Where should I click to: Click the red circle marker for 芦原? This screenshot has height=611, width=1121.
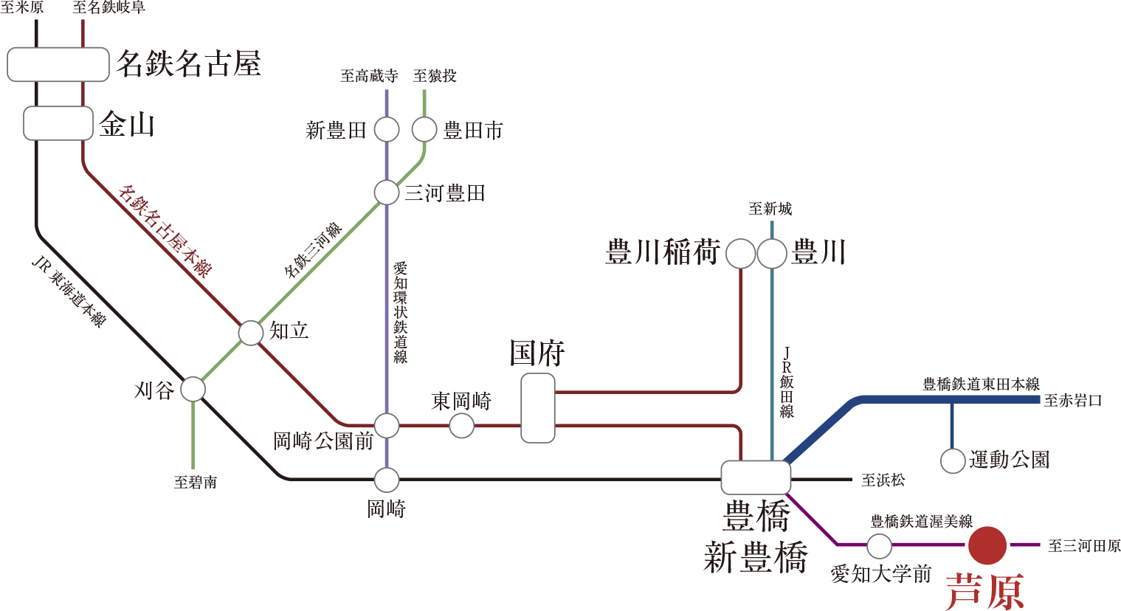point(988,545)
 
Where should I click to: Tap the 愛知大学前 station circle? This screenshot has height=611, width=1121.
point(879,547)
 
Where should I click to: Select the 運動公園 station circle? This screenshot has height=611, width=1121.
point(953,461)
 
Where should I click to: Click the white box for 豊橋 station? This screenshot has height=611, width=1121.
point(756,477)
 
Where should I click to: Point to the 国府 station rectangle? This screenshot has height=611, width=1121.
point(537,408)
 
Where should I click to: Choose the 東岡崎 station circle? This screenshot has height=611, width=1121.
point(461,426)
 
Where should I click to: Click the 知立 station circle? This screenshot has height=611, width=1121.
point(251,333)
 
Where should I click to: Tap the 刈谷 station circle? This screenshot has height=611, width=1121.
point(193,389)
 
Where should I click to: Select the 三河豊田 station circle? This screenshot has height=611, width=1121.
point(387,193)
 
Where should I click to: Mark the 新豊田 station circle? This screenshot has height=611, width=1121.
point(387,130)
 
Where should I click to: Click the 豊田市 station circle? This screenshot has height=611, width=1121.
point(424,130)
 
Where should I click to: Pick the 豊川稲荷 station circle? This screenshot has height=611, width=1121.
point(740,254)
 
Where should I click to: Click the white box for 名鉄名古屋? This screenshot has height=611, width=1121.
point(58,64)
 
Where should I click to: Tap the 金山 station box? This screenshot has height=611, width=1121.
point(58,123)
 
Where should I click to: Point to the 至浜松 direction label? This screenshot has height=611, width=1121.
point(883,480)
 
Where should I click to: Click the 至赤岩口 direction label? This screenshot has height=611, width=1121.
point(1073,401)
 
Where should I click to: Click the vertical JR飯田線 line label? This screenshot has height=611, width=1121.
point(787,382)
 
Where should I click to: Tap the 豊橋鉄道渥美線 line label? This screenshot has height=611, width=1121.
point(921,522)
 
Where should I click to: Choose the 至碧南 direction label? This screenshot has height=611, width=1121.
point(196,483)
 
